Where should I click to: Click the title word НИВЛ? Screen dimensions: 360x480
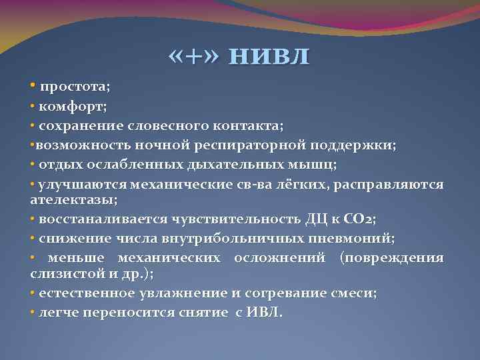click(269, 57)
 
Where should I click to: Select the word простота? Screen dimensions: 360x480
click(73, 87)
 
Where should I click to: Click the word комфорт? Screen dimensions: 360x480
click(68, 106)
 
